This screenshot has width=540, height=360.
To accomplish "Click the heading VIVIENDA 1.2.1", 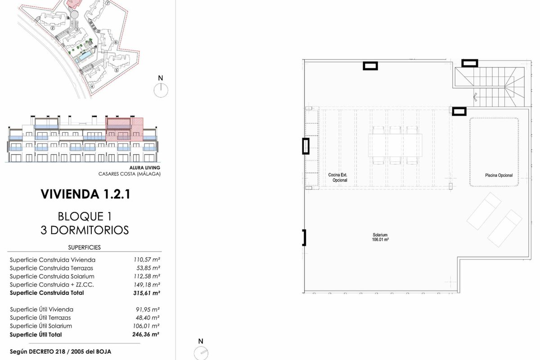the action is [x=85, y=194].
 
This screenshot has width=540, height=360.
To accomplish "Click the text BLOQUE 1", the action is [x=85, y=216].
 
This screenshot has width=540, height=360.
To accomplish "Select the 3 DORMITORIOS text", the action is [x=85, y=230].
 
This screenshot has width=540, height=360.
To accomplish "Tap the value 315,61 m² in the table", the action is [x=147, y=293].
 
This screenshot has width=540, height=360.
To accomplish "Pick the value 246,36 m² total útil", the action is [x=146, y=334].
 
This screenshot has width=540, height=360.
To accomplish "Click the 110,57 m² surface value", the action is [x=147, y=260].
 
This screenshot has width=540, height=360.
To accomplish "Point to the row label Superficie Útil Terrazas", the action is [x=40, y=318].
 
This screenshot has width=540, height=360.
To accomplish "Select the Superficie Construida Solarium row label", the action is [x=52, y=276].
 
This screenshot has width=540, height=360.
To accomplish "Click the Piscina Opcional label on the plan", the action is [x=499, y=175].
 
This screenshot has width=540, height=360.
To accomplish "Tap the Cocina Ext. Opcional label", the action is [x=338, y=177].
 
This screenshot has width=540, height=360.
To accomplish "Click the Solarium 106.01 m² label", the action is [x=380, y=237].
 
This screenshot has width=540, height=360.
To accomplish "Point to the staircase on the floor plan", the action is [x=490, y=87].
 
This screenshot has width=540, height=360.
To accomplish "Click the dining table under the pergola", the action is [x=395, y=145].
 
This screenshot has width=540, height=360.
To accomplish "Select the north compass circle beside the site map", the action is [x=161, y=90].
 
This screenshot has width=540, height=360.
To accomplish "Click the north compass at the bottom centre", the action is [x=201, y=353].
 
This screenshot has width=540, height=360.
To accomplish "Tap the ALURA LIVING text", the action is [x=144, y=167].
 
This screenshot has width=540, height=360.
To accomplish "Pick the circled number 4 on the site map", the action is [x=92, y=86].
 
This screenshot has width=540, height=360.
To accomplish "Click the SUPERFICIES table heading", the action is [x=85, y=247].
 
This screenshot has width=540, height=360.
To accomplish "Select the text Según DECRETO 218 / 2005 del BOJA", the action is [x=60, y=352].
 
